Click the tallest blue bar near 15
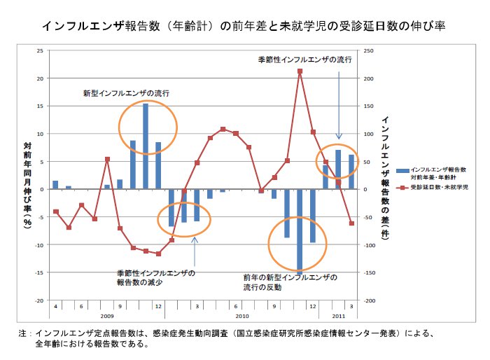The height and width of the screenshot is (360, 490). (x=146, y=146)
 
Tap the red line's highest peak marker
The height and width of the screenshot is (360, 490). (x=300, y=71)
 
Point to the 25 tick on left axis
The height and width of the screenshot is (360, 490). (x=40, y=50)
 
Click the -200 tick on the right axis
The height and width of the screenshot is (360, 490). (x=369, y=300)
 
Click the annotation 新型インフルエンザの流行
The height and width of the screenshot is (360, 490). (x=126, y=92)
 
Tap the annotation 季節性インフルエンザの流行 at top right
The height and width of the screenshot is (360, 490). (x=304, y=60)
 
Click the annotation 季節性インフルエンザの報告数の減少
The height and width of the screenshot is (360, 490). (x=155, y=277)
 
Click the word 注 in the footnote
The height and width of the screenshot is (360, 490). (x=23, y=334)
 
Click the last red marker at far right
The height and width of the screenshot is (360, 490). (x=351, y=223)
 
